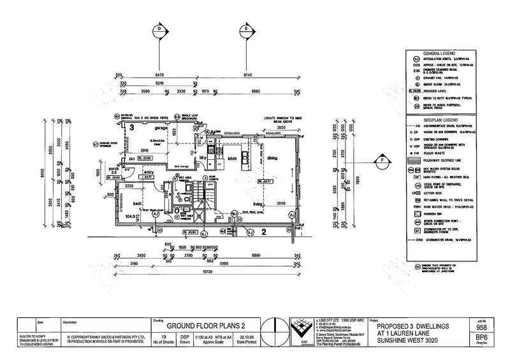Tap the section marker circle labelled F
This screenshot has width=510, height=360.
tap(382, 161)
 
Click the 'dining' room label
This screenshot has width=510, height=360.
tap(273, 157)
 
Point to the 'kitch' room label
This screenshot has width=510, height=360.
tap(233, 157)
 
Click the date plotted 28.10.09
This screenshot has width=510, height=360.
tap(245, 340)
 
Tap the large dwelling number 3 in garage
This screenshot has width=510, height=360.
tap(131, 128)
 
